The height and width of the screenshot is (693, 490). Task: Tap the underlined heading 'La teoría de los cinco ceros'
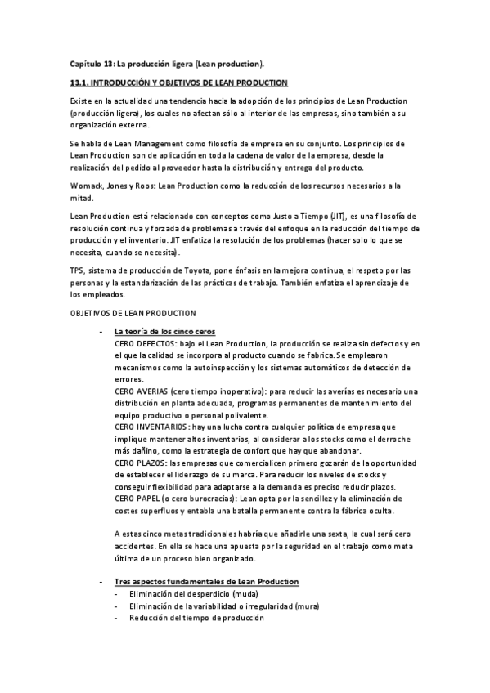click(164, 332)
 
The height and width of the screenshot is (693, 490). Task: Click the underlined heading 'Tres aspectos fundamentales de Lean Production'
click(207, 581)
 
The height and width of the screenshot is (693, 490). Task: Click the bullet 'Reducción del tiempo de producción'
click(196, 618)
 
